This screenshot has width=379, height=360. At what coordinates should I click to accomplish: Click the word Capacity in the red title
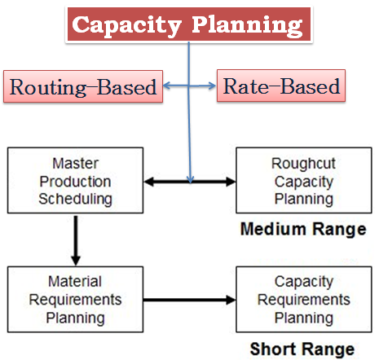pyautogui.click(x=126, y=26)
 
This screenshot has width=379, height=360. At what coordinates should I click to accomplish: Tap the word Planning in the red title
pyautogui.click(x=247, y=26)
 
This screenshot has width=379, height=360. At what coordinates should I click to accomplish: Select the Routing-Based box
pyautogui.click(x=83, y=86)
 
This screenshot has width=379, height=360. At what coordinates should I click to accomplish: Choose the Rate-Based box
pyautogui.click(x=281, y=86)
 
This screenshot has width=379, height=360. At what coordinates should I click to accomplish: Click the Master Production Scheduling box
pyautogui.click(x=76, y=181)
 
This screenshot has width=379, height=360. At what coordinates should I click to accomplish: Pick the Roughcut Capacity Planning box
pyautogui.click(x=304, y=181)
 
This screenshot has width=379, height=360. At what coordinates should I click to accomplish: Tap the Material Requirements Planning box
pyautogui.click(x=76, y=300)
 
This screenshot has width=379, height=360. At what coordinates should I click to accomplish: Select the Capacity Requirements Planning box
pyautogui.click(x=304, y=300)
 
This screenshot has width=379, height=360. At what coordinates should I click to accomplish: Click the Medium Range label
pyautogui.click(x=303, y=229)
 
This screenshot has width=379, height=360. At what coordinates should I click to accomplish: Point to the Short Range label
pyautogui.click(x=302, y=349)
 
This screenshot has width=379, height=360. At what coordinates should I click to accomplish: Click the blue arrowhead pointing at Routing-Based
pyautogui.click(x=167, y=86)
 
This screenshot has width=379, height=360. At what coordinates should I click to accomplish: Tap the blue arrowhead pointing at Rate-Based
pyautogui.click(x=212, y=86)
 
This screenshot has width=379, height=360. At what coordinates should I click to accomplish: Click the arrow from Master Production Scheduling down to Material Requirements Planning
pyautogui.click(x=76, y=240)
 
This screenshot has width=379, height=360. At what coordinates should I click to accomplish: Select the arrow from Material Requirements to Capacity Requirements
pyautogui.click(x=190, y=300)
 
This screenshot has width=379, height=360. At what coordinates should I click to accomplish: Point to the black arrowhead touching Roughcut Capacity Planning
pyautogui.click(x=231, y=182)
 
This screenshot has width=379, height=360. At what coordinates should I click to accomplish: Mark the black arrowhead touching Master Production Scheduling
pyautogui.click(x=149, y=182)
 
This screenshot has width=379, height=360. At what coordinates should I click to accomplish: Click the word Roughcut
pyautogui.click(x=303, y=164)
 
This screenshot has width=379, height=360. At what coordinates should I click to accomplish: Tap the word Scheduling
pyautogui.click(x=75, y=199)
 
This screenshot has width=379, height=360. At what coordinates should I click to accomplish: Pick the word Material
pyautogui.click(x=75, y=281)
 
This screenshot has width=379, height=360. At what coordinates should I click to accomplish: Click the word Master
pyautogui.click(x=75, y=164)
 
